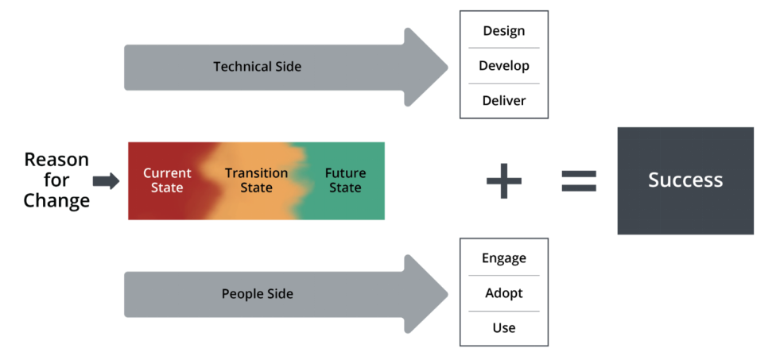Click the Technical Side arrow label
257,67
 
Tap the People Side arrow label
257,294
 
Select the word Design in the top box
504,31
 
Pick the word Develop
504,66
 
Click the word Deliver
504,101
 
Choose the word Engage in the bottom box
504,258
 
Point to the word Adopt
504,293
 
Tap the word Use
504,328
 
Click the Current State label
167,180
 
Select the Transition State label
256,180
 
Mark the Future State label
345,180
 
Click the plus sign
504,181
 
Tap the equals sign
579,181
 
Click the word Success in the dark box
685,180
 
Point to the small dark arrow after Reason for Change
106,181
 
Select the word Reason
56,160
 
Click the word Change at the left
56,201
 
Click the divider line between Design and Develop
504,48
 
